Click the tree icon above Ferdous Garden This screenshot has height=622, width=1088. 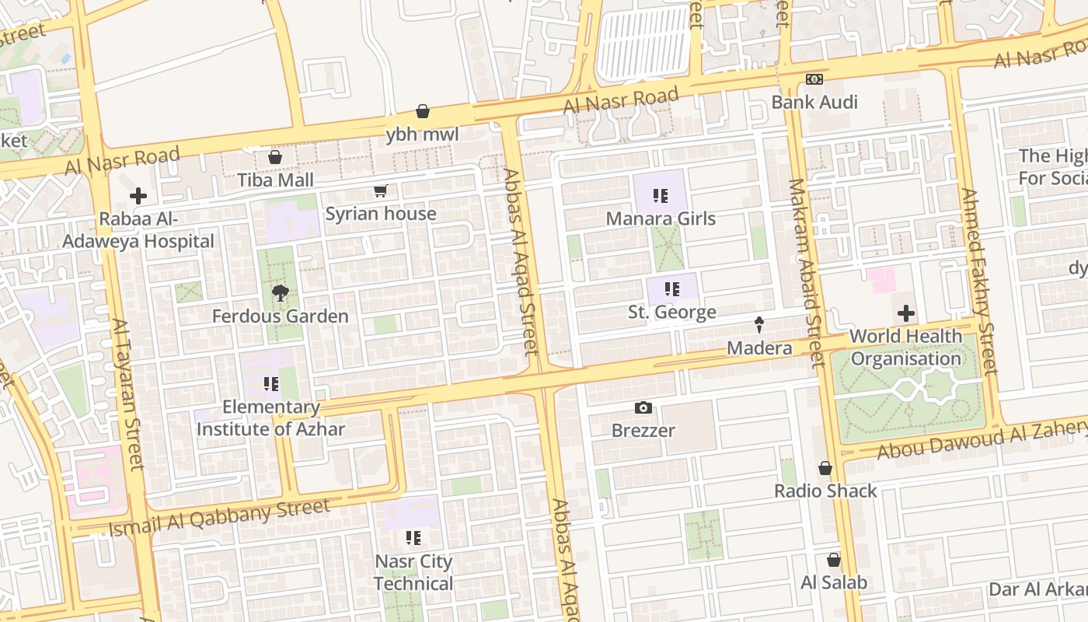pyautogui.click(x=280, y=293)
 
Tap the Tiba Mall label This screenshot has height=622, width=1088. pyautogui.click(x=275, y=180)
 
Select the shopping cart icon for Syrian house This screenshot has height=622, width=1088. pyautogui.click(x=381, y=191)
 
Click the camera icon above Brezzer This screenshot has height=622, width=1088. pyautogui.click(x=643, y=407)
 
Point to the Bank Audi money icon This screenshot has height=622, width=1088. pyautogui.click(x=814, y=79)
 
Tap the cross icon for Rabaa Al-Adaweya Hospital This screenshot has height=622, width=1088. pyautogui.click(x=138, y=196)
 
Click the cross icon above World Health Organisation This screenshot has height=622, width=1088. pyautogui.click(x=905, y=314)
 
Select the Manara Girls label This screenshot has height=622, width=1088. pyautogui.click(x=661, y=218)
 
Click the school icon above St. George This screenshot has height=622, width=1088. pyautogui.click(x=672, y=290)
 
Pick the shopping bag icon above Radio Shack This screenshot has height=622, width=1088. pyautogui.click(x=825, y=468)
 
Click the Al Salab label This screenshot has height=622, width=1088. pyautogui.click(x=834, y=582)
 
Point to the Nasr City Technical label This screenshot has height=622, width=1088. pyautogui.click(x=413, y=572)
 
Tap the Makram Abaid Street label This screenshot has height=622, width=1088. pyautogui.click(x=806, y=273)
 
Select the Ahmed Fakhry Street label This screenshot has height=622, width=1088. pyautogui.click(x=978, y=281)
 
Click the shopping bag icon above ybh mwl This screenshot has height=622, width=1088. pyautogui.click(x=423, y=112)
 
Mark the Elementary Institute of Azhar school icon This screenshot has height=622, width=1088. pyautogui.click(x=270, y=384)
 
